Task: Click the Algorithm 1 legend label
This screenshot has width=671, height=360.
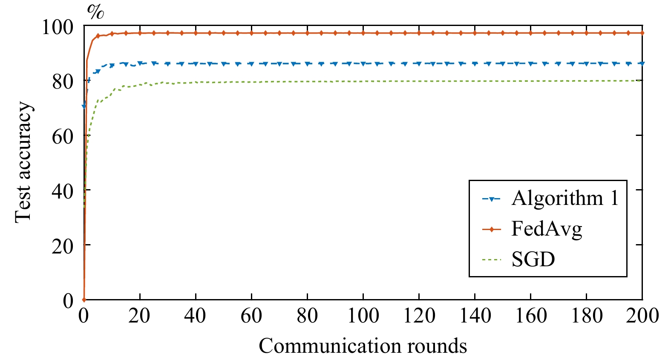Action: coord(565,199)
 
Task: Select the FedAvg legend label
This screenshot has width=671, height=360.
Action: coord(547,229)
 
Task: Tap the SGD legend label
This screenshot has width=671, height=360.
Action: coord(533,259)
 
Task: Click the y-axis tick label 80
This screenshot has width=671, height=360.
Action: coord(63,81)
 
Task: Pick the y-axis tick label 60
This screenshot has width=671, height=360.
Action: coord(63,136)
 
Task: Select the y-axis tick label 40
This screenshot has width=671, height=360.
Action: coord(63,190)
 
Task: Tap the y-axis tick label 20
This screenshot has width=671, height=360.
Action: coord(63,245)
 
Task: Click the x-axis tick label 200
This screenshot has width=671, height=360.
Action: coord(642,316)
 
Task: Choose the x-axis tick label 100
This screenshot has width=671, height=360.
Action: coord(363,316)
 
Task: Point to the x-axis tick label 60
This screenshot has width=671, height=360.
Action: coord(251,316)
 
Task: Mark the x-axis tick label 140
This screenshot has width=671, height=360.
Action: coord(475,316)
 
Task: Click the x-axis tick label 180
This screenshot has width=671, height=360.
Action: coord(586,316)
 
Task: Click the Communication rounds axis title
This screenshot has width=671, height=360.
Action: coord(363,346)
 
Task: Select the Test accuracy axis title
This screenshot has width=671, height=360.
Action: coord(23,162)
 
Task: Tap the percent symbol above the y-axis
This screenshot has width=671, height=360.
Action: coord(95,12)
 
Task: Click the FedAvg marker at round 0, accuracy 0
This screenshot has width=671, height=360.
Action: coord(84,300)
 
